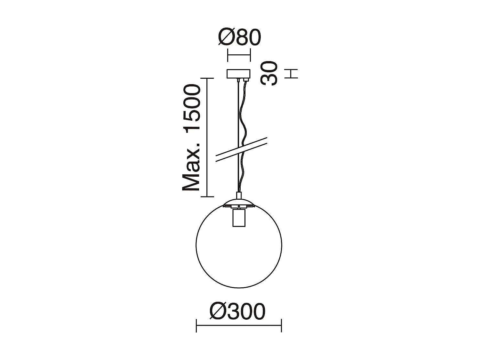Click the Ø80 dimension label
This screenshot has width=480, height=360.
coord(240,38)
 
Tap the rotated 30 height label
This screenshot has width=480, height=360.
coord(268,73)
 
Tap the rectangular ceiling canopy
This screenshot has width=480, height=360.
coord(238,74)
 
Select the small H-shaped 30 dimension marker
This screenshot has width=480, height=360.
coord(293,74)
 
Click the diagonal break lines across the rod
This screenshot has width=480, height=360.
coord(242,149)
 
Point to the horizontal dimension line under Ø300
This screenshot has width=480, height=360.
coord(239,325)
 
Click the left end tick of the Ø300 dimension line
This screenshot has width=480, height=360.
coord(196,325)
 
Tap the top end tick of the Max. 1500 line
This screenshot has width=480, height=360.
coord(207,78)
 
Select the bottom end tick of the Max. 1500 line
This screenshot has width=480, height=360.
coord(207,196)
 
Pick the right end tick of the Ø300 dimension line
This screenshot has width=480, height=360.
coord(281,325)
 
